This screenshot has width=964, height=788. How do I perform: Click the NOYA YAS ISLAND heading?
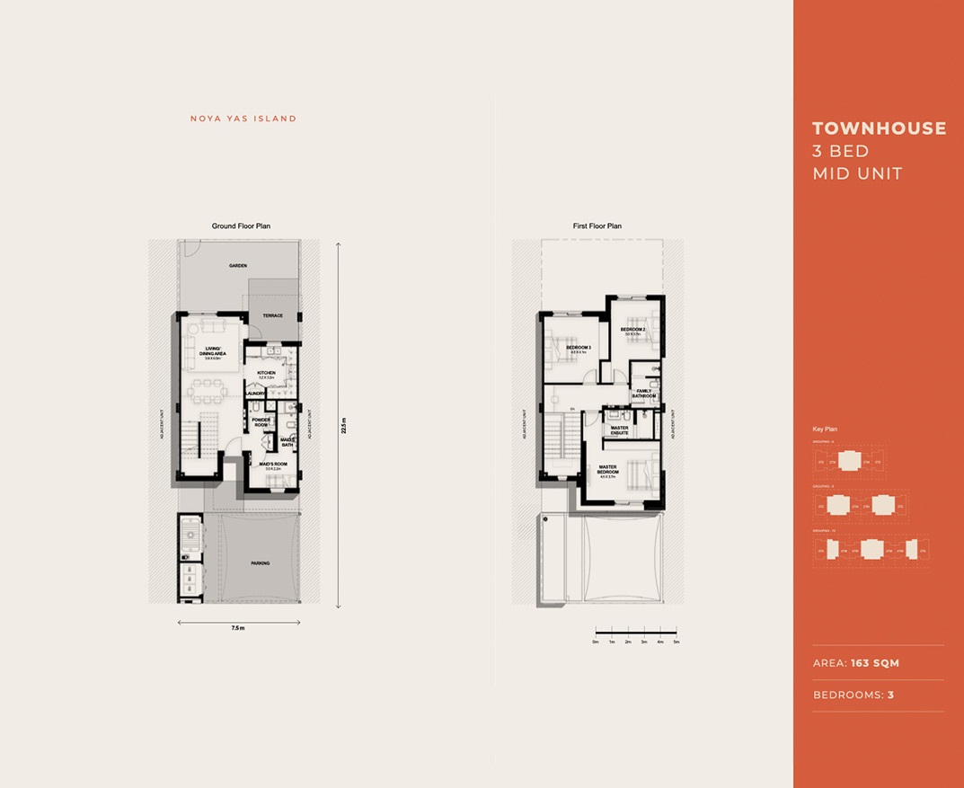[243, 119]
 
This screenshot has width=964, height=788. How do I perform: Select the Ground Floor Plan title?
[241, 226]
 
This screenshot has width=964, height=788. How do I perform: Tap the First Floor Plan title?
[597, 226]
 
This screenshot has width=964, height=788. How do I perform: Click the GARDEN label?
[237, 266]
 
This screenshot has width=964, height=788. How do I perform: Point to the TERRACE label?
[272, 315]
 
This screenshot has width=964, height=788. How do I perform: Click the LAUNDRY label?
[253, 393]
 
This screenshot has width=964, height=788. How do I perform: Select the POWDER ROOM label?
[261, 422]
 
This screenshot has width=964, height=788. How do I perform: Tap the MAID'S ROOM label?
[271, 465]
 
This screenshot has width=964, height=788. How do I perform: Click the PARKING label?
[260, 563]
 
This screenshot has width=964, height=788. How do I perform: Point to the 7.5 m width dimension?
[236, 628]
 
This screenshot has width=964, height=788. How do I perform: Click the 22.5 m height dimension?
[343, 425]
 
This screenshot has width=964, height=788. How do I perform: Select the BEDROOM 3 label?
[578, 348]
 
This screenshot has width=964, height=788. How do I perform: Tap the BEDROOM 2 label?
[632, 330]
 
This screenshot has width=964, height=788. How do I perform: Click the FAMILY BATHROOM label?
[644, 394]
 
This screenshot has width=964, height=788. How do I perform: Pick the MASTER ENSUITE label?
[619, 430]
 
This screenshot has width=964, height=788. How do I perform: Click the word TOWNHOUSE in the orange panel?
[879, 128]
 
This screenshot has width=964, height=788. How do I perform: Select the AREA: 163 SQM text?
[855, 663]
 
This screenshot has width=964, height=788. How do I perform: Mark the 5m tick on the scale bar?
[677, 642]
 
